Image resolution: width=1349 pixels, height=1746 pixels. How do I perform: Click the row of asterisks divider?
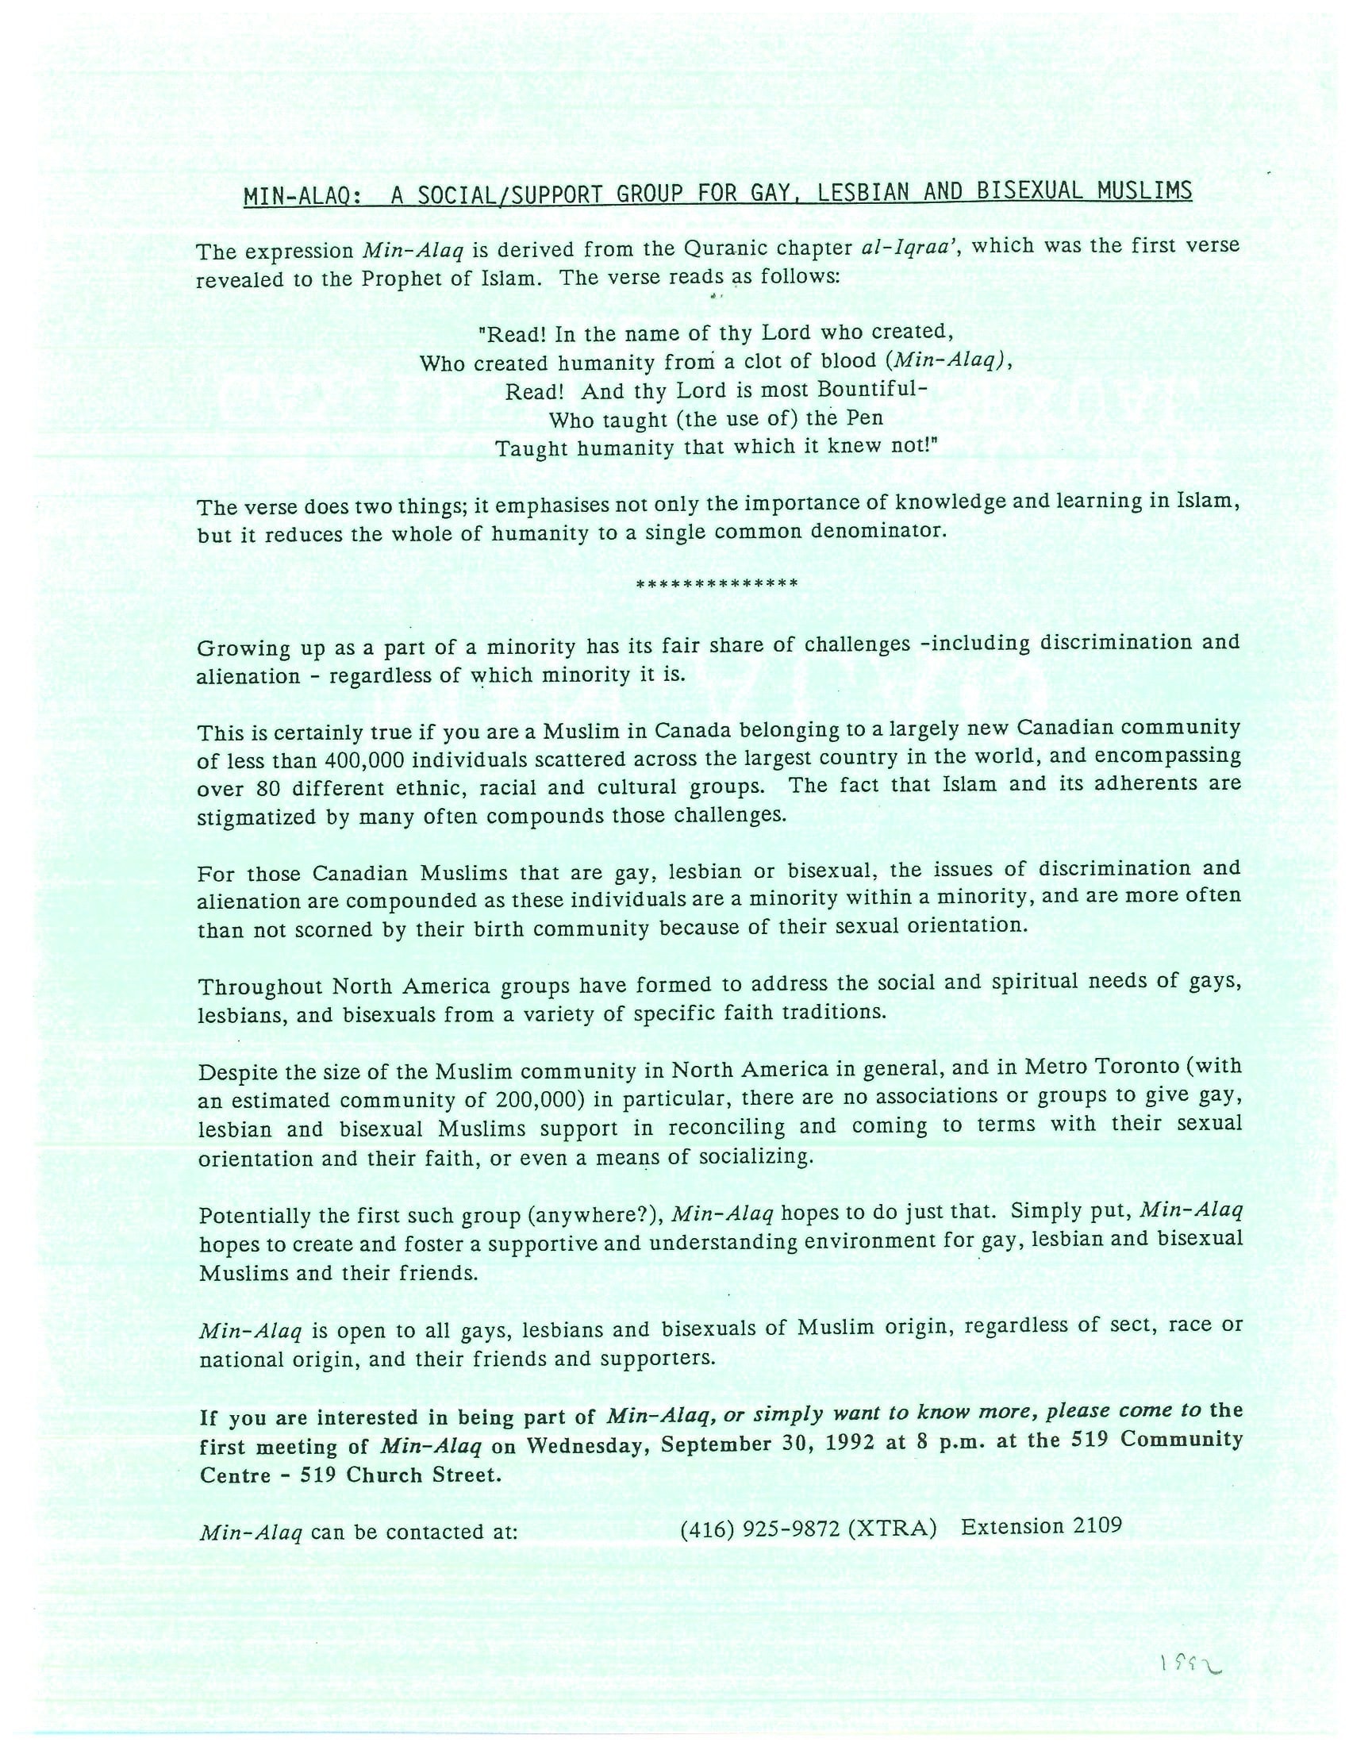[x=716, y=583]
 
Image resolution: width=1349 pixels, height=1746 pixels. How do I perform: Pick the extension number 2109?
[x=1097, y=1526]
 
